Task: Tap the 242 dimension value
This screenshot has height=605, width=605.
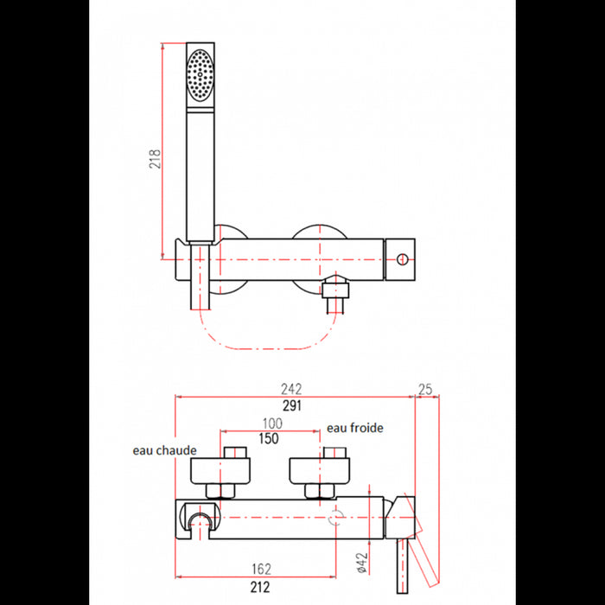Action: pos(295,389)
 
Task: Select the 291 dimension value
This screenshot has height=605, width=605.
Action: pos(295,406)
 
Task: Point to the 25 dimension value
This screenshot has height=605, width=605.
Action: pos(424,389)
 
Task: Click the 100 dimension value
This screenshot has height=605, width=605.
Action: pos(273,423)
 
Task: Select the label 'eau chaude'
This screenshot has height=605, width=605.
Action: pos(164,450)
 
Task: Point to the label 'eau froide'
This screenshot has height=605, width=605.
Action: pos(354,427)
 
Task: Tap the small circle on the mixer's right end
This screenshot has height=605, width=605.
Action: pos(401,258)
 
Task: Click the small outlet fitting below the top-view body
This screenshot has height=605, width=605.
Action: pos(334,293)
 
